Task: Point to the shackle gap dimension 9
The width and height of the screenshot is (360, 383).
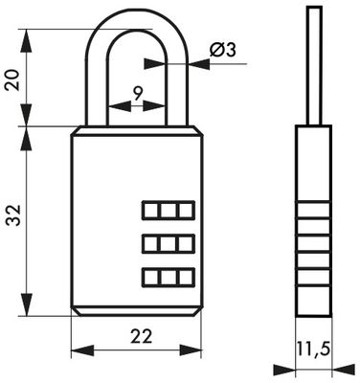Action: (x=138, y=94)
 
